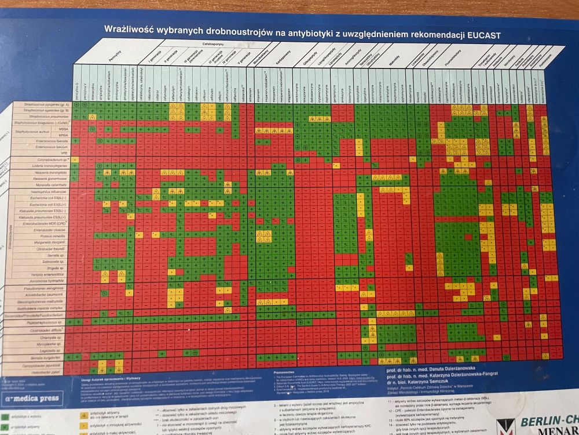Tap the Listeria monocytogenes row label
[50, 166]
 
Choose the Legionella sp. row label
[54, 350]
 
